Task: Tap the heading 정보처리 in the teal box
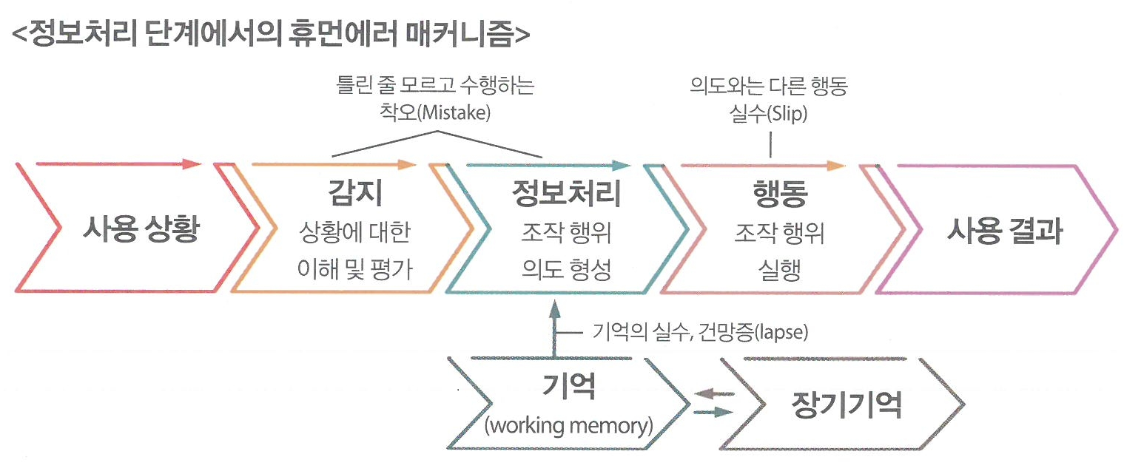click(566, 194)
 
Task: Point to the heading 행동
click(779, 194)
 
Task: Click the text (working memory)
click(568, 427)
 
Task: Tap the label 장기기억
click(847, 404)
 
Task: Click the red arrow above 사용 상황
click(118, 163)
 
